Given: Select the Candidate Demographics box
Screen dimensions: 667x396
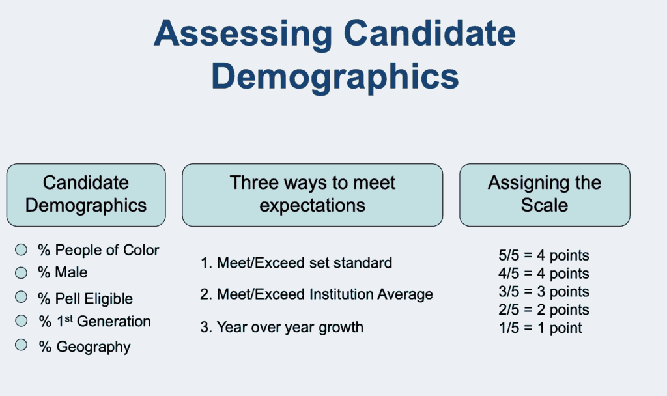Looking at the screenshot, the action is (x=86, y=195).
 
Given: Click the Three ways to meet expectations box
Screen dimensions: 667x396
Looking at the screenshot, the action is (x=313, y=195).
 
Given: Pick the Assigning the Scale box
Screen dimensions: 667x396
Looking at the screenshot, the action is (x=545, y=195).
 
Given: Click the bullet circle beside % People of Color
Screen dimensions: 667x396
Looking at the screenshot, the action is (x=21, y=249).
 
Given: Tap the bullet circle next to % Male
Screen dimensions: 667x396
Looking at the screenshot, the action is (x=21, y=273).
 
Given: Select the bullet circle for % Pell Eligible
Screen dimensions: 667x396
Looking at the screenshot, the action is (x=21, y=297).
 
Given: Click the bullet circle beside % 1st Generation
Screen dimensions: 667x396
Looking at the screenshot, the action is (x=21, y=320).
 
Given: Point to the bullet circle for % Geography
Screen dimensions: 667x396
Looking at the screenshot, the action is (x=21, y=345).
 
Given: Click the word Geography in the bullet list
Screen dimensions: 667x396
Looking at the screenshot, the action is (x=94, y=347).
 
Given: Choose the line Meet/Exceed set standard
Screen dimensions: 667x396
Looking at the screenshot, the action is (x=296, y=263).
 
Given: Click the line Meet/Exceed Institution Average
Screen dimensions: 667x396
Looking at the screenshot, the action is (x=317, y=294).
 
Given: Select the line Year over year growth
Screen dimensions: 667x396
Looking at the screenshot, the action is (x=282, y=327).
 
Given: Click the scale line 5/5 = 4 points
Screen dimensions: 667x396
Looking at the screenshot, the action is (x=544, y=255).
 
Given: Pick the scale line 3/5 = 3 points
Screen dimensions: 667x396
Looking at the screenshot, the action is (x=544, y=292).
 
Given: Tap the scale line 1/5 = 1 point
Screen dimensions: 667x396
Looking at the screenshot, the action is (x=541, y=328).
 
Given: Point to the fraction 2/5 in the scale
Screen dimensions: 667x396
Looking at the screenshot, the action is (x=509, y=309).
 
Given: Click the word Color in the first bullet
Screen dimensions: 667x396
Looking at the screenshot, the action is (x=141, y=250).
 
